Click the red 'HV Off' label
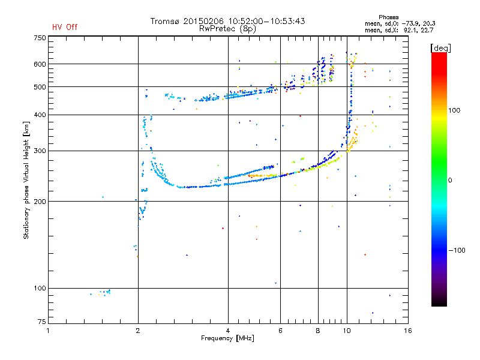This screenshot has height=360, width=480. coord(64,27)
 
